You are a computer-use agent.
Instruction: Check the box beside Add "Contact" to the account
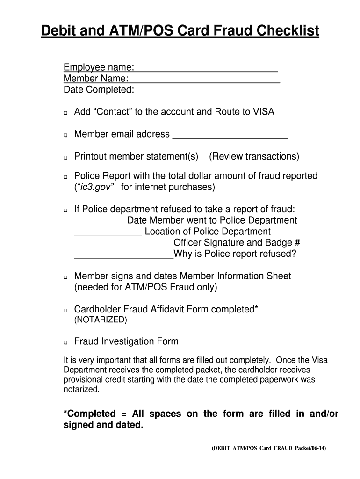pyautogui.click(x=66, y=113)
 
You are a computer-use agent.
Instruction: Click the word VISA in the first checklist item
pyautogui.click(x=264, y=112)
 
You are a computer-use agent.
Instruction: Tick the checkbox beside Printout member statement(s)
pyautogui.click(x=66, y=157)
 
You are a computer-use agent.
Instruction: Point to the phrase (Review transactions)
pyautogui.click(x=254, y=156)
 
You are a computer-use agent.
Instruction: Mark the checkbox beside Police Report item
pyautogui.click(x=66, y=177)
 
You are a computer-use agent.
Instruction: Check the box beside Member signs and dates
pyautogui.click(x=66, y=277)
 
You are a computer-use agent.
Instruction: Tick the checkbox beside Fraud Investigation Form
pyautogui.click(x=66, y=342)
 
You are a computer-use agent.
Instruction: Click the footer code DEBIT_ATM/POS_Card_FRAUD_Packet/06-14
pyautogui.click(x=268, y=448)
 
